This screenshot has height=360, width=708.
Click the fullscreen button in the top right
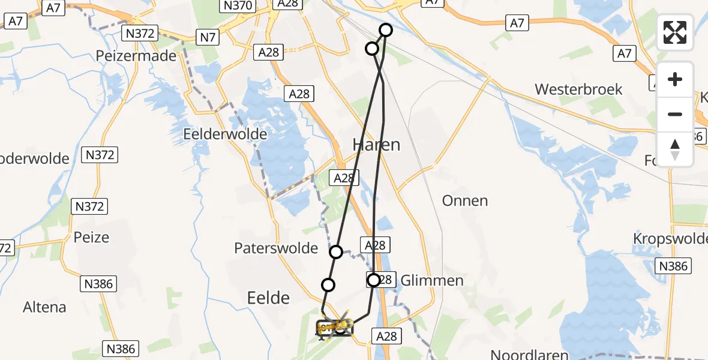click(675, 32)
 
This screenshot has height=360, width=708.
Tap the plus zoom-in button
click(675, 79)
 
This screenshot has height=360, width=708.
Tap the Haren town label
click(376, 145)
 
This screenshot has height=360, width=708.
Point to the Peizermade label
click(136, 56)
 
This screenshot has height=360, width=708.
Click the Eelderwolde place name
click(225, 134)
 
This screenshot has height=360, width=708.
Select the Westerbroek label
click(578, 89)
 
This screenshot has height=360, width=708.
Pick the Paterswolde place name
click(276, 248)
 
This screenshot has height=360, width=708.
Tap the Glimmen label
click(431, 280)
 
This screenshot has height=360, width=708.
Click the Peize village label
click(91, 237)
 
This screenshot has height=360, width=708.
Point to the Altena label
click(44, 307)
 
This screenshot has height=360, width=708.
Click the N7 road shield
click(208, 38)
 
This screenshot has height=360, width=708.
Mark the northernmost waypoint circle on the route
click(385, 30)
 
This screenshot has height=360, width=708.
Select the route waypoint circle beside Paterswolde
click(336, 252)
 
